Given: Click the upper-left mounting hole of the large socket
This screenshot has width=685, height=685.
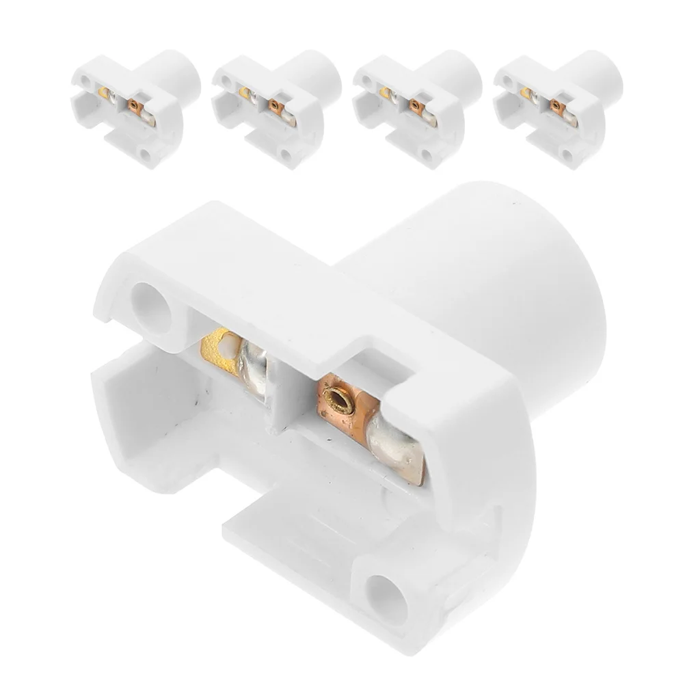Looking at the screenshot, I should [152, 308].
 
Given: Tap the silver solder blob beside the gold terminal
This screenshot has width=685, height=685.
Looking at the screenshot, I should [253, 366].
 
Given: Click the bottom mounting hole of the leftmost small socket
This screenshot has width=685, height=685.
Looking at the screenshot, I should [145, 155].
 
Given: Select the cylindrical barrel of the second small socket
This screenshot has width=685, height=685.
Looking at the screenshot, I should [316, 75].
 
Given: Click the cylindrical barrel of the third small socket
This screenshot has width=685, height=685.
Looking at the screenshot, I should [457, 75].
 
